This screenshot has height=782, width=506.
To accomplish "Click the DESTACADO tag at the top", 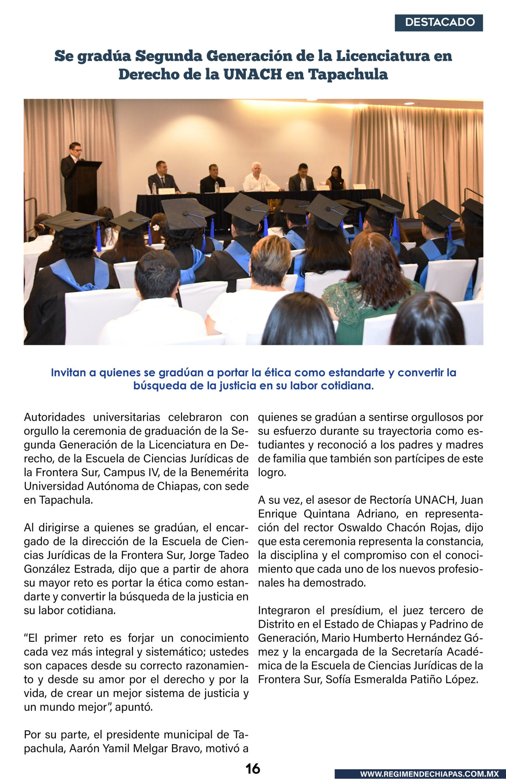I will (439, 22).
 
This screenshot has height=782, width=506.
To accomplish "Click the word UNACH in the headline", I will (252, 74).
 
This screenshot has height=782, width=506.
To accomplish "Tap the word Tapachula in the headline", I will (348, 74).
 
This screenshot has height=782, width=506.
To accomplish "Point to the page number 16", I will (253, 769).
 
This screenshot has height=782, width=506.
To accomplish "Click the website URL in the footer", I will (429, 774).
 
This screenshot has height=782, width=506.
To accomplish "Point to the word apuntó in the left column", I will (134, 707).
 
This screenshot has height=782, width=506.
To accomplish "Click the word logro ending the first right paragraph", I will (271, 472).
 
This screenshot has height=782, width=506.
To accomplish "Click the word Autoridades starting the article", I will (54, 417).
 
